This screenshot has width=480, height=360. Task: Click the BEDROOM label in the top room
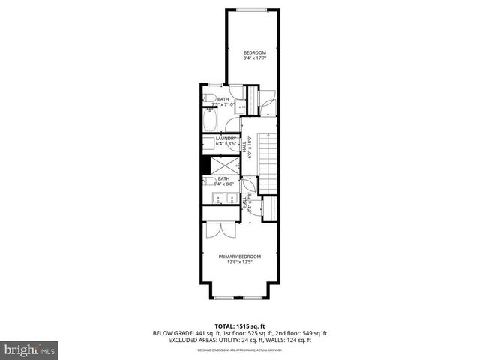pos(253,52)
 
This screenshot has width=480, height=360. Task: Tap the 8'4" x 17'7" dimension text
pos(253,58)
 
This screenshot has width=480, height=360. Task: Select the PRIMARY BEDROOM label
pos(240,256)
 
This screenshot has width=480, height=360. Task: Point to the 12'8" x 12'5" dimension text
pos(240,262)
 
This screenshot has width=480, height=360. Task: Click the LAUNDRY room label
pos(226,139)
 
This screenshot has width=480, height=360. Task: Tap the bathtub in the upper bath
pos(209,122)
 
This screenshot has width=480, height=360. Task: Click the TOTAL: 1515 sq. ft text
pos(241,325)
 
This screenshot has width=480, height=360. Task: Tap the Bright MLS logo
pos(30,349)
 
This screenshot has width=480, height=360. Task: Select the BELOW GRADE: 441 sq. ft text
pos(184,332)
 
